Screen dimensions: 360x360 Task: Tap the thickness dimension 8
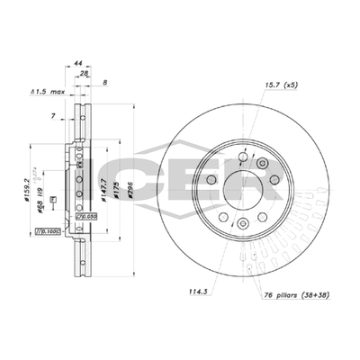[107, 83]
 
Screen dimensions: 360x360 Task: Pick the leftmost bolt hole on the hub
[211, 180]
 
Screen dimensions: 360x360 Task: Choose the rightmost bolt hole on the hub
[270, 182]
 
